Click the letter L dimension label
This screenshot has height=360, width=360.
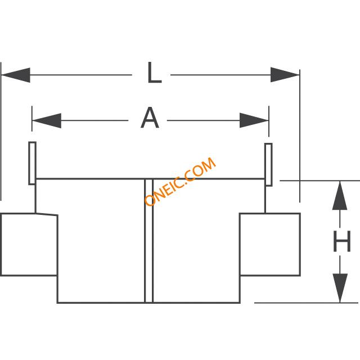coord(154,74)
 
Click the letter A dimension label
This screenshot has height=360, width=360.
coord(150,119)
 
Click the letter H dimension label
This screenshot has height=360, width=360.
coord(341,242)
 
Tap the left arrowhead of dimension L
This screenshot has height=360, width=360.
coord(16,75)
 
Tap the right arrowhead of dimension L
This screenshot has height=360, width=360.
coord(285,75)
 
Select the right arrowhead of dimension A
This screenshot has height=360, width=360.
coord(254,120)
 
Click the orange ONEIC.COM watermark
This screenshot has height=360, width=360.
coord(180,182)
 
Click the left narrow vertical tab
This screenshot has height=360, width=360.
coord(33,163)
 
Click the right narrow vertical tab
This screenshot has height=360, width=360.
coord(269,164)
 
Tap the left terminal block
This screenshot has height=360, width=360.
coord(29,245)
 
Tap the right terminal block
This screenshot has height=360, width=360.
coord(270,245)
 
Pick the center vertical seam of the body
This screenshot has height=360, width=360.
coord(149,242)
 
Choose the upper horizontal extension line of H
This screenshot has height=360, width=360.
coord(318,181)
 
